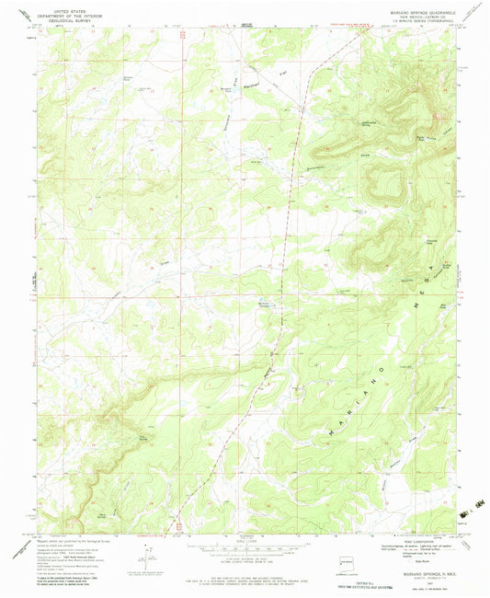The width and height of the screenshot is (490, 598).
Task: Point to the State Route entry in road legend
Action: (x=425, y=560)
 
